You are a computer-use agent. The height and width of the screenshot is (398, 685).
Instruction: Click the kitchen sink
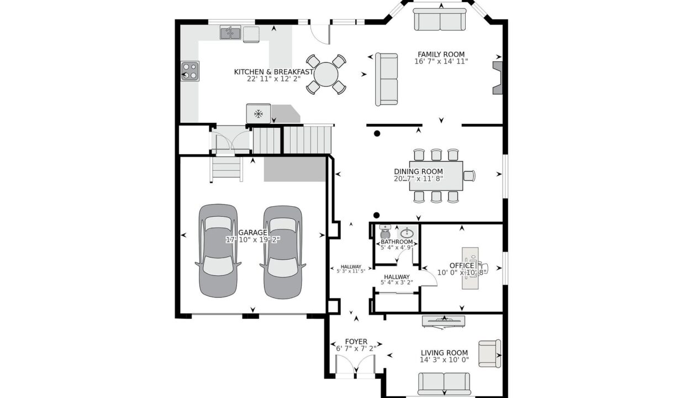point(230,33)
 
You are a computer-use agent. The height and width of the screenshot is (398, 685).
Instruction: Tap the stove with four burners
point(190,71)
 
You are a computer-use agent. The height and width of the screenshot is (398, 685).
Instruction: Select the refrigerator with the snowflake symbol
point(259,113)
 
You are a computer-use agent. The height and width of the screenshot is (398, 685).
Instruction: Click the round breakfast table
point(326,74)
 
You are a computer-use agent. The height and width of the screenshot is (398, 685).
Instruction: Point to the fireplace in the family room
point(497,78)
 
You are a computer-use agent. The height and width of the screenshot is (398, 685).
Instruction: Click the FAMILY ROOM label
point(441,55)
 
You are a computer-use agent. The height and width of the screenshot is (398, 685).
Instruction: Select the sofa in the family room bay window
point(440,19)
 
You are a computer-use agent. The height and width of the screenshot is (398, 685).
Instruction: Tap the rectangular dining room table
point(436,176)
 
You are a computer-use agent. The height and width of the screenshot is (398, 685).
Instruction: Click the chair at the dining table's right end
point(470,176)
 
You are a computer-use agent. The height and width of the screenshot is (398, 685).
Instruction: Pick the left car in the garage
point(218,251)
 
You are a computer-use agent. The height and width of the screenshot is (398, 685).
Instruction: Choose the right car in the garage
point(283,252)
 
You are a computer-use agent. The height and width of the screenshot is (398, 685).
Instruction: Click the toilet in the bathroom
point(384,232)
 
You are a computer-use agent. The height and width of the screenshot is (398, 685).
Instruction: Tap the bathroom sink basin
point(407,233)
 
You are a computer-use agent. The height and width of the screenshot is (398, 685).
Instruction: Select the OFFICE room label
point(462,265)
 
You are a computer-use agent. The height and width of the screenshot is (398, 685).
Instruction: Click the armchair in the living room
point(489,353)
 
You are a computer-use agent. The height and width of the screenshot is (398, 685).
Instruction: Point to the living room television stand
point(444,321)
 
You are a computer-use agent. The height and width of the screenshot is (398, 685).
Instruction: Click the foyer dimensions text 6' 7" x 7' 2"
point(356,348)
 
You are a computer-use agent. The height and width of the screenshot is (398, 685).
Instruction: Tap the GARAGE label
point(252,233)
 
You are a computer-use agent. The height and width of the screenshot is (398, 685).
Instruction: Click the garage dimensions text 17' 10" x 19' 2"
point(252,239)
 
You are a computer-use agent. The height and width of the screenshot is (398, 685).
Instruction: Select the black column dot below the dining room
point(376,215)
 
